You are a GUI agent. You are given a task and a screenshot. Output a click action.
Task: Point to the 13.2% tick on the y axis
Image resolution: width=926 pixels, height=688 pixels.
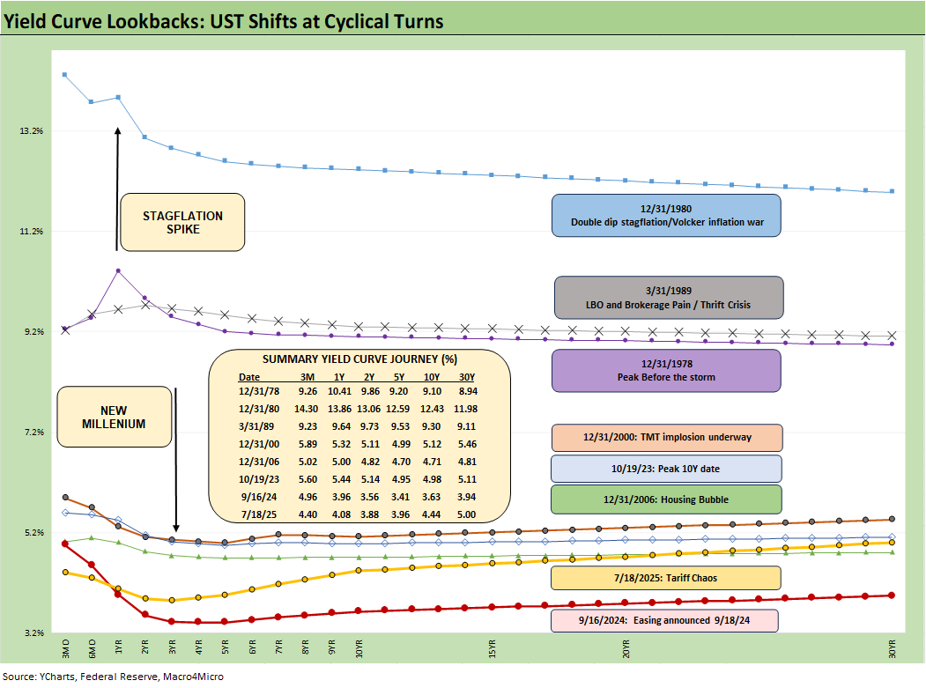point(32,131)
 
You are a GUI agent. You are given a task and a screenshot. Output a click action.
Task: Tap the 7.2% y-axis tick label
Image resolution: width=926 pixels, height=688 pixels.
point(32,433)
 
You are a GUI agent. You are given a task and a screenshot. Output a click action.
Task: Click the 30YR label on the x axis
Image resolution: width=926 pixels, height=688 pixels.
point(893,651)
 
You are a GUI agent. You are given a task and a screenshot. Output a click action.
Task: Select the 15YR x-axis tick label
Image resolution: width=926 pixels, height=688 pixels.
point(493,651)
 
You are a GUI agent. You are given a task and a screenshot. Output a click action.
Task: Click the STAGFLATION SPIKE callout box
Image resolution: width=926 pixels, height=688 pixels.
point(182,222)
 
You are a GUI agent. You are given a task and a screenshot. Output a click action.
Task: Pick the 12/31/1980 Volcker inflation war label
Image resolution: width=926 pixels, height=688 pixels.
point(666,215)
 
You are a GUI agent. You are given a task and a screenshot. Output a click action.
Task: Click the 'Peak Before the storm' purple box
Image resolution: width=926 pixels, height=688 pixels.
point(666,370)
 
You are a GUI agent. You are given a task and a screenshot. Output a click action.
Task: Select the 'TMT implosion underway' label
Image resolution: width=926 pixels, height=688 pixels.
point(666,438)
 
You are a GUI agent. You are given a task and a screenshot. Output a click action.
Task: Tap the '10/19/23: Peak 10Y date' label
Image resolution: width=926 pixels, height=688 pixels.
point(666,468)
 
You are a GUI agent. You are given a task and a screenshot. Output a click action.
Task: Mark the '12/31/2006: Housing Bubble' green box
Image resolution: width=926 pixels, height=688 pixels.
point(666,499)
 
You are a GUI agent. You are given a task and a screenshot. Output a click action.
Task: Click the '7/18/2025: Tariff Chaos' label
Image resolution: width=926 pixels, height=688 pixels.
point(666,578)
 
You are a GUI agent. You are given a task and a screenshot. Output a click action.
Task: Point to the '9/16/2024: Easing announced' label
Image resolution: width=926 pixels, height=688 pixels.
point(666,620)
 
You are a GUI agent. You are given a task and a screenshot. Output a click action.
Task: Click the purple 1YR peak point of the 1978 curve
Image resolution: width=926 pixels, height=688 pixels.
point(118,270)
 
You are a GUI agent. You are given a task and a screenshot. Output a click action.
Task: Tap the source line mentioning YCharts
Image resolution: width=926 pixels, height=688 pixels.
point(113,676)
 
